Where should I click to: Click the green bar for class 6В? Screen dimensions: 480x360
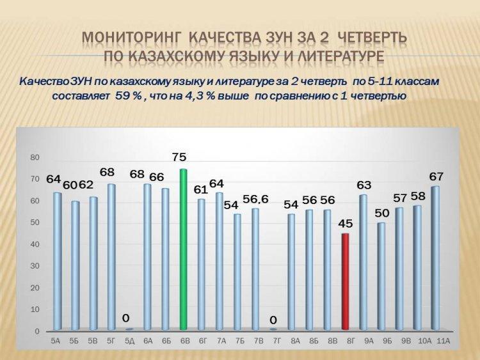tap(183, 249)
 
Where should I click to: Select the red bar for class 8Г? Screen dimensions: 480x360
tap(345, 282)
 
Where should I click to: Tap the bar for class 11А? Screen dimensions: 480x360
tap(435, 258)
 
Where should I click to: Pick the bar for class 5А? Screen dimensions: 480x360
tap(57, 261)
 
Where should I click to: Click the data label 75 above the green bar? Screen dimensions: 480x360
tap(179, 157)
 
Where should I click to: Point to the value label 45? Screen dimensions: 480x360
tap(346, 224)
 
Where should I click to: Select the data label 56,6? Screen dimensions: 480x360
tap(255, 200)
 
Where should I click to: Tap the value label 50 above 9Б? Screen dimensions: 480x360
tap(381, 213)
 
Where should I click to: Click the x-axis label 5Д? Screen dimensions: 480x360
tap(129, 341)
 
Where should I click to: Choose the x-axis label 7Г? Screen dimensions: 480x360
tap(276, 341)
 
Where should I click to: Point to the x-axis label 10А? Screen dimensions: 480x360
tap(424, 341)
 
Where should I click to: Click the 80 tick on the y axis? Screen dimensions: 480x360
tap(35, 157)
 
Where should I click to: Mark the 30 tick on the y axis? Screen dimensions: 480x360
tap(35, 266)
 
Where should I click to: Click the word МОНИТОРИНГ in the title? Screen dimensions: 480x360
tap(131, 38)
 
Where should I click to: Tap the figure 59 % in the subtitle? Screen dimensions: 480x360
tap(128, 96)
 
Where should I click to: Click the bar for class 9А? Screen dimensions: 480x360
tap(363, 262)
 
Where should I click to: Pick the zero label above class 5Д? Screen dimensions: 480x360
tap(125, 318)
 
